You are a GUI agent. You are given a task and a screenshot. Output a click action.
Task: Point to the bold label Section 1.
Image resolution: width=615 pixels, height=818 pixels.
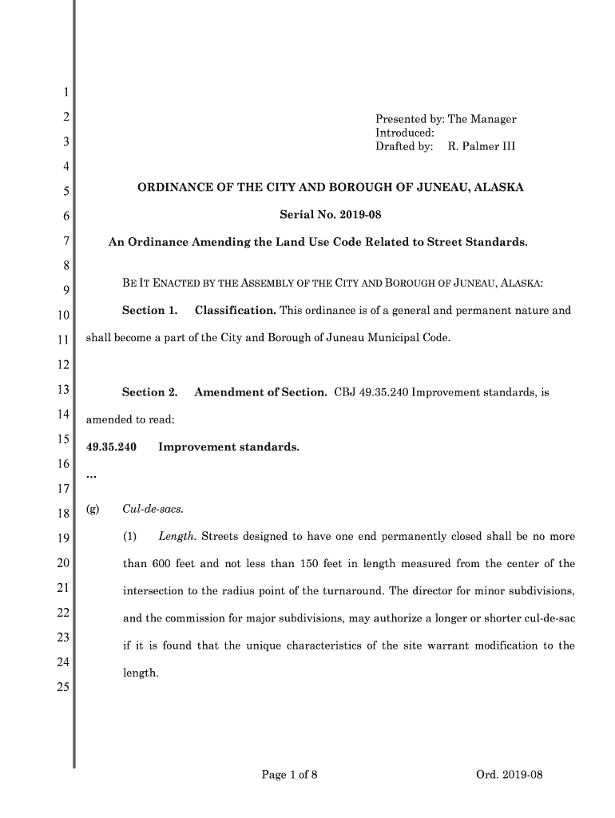tap(149, 310)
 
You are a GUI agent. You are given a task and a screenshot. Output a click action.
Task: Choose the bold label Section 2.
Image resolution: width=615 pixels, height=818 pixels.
tap(149, 392)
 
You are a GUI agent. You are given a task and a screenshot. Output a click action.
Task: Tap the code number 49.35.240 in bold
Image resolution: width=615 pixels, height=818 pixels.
tap(111, 447)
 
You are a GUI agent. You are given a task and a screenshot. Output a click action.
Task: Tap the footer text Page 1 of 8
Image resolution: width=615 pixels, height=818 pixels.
tap(290, 773)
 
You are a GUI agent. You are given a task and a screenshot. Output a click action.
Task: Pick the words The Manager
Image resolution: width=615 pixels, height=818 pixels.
tap(482, 119)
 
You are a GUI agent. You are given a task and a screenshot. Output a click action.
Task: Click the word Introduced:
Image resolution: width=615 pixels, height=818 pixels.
tap(404, 133)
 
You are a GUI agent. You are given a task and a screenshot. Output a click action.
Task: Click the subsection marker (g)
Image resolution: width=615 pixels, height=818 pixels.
tap(92, 509)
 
